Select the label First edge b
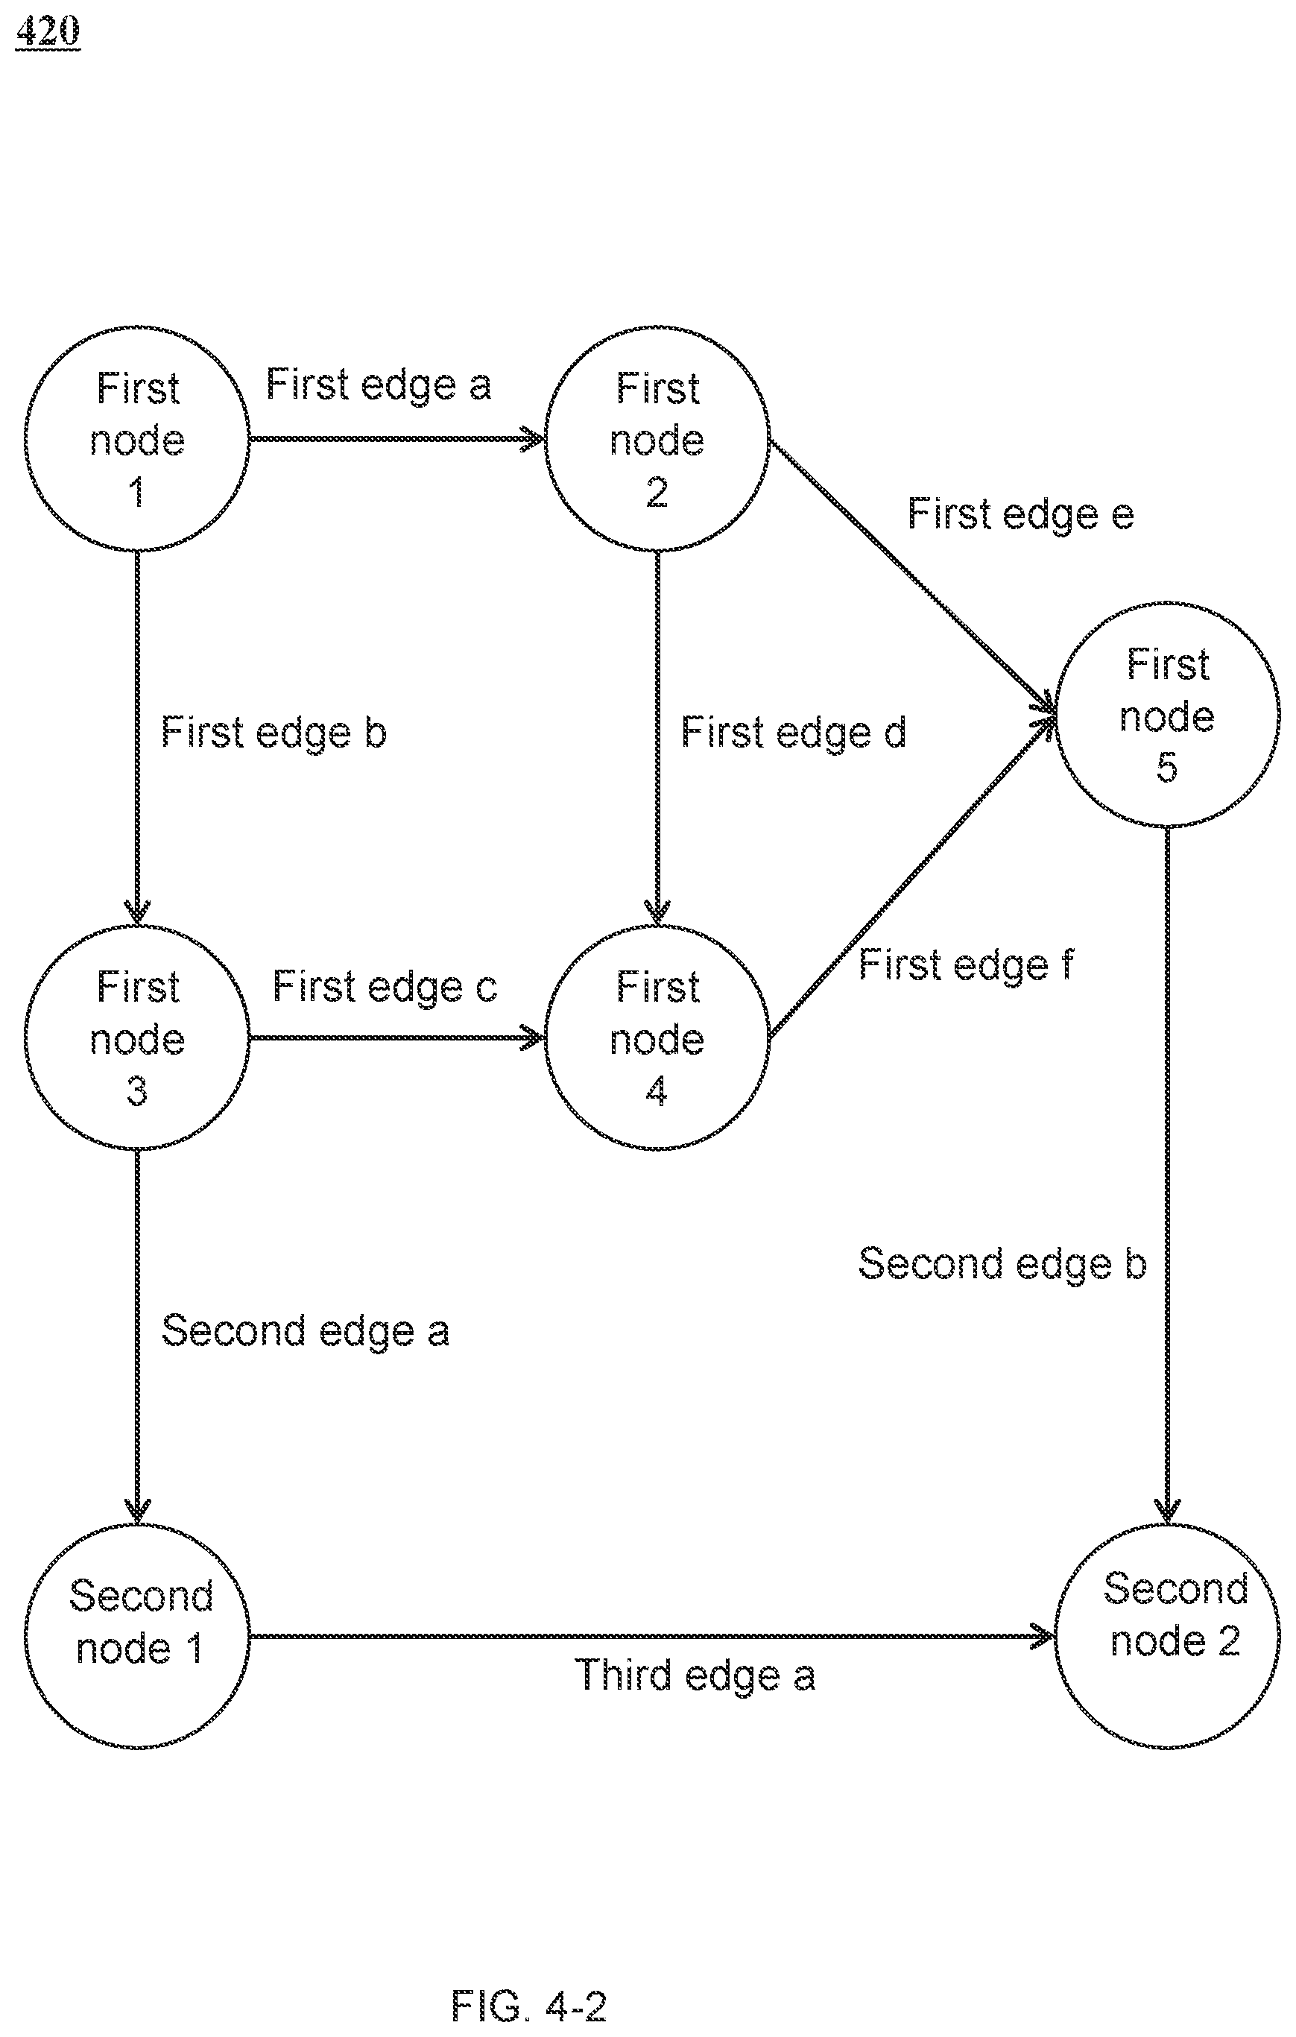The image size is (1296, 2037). [274, 733]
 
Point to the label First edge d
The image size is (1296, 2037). [794, 733]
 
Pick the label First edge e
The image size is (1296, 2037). [1020, 514]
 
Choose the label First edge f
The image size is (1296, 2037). [966, 965]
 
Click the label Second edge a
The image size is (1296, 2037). [305, 1330]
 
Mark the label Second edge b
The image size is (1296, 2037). [1002, 1264]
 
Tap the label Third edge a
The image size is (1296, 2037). [695, 1676]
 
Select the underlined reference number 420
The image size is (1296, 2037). [48, 31]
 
